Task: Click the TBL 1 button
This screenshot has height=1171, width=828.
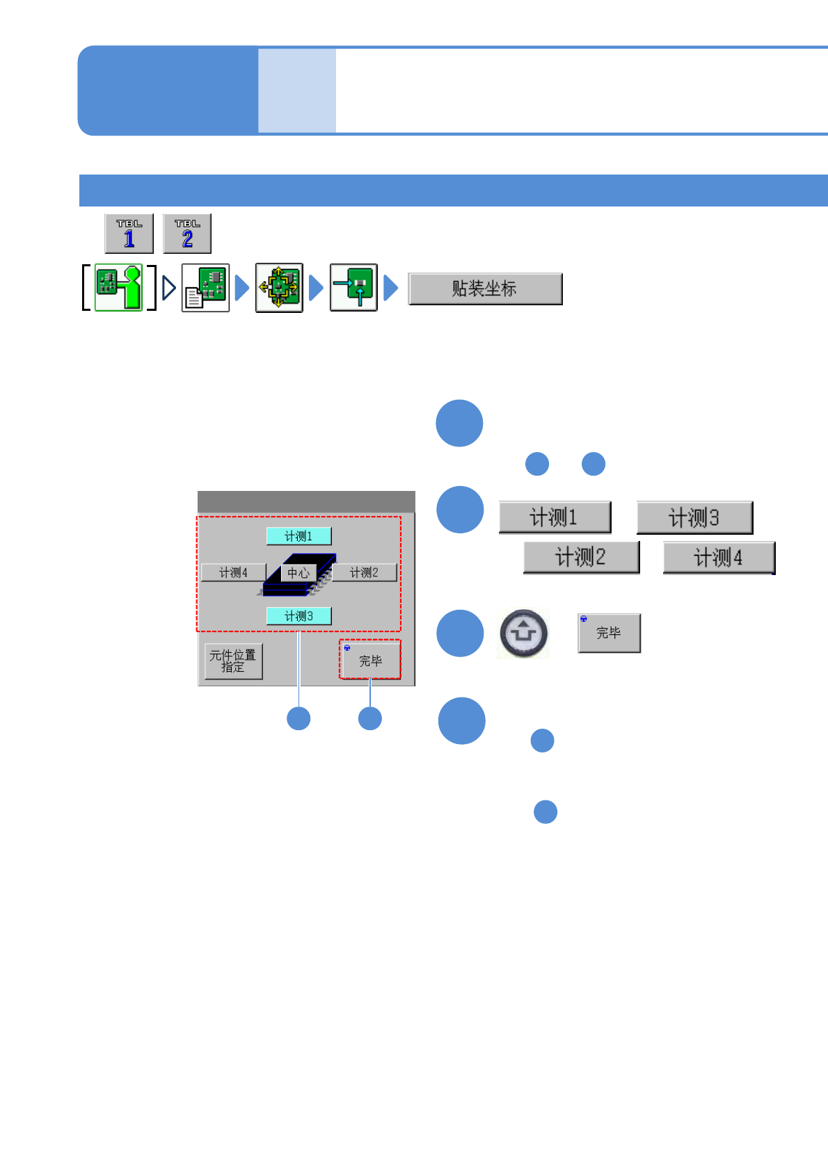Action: coord(129,234)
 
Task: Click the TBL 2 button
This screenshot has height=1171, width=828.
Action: coord(187,234)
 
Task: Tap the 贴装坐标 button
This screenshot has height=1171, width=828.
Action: coord(485,289)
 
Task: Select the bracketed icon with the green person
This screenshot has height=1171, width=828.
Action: coord(119,287)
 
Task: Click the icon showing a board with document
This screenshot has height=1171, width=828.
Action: coord(205,287)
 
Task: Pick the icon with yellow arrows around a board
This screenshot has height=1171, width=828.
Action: coord(279,287)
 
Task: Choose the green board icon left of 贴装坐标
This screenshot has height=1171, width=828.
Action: coord(353,287)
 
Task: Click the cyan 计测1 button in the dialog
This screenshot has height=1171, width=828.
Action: coord(298,536)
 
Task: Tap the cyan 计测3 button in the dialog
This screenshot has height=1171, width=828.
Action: coord(298,616)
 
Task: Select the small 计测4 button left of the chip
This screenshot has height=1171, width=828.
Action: coord(233,572)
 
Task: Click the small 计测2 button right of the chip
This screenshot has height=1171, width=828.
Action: coord(364,572)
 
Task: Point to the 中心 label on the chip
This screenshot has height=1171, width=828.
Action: coord(298,573)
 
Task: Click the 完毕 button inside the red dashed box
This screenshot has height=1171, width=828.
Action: coord(370,660)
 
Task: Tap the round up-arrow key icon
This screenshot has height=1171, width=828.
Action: coord(524,633)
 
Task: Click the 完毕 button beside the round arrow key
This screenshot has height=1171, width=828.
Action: coord(609,633)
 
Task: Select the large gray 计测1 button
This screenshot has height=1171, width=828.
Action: coord(555,517)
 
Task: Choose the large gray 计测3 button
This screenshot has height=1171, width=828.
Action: coord(694,517)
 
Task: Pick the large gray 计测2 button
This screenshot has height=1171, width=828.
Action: coord(581,557)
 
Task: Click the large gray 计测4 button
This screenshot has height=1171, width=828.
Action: coord(719,558)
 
